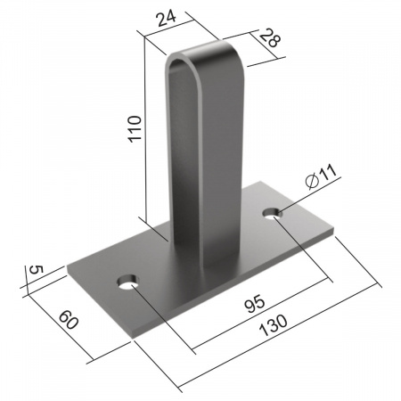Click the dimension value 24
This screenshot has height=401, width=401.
tap(167, 18)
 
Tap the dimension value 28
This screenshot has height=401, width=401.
tap(270, 37)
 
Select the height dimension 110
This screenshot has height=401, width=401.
tap(135, 128)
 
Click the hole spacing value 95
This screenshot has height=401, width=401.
tap(254, 303)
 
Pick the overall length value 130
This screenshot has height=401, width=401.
tap(274, 325)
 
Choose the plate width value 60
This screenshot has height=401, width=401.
tap(69, 320)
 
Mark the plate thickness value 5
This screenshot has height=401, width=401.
tap(36, 270)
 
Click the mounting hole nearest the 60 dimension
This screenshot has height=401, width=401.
tap(127, 282)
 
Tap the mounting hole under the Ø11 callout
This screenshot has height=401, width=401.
tap(272, 213)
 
